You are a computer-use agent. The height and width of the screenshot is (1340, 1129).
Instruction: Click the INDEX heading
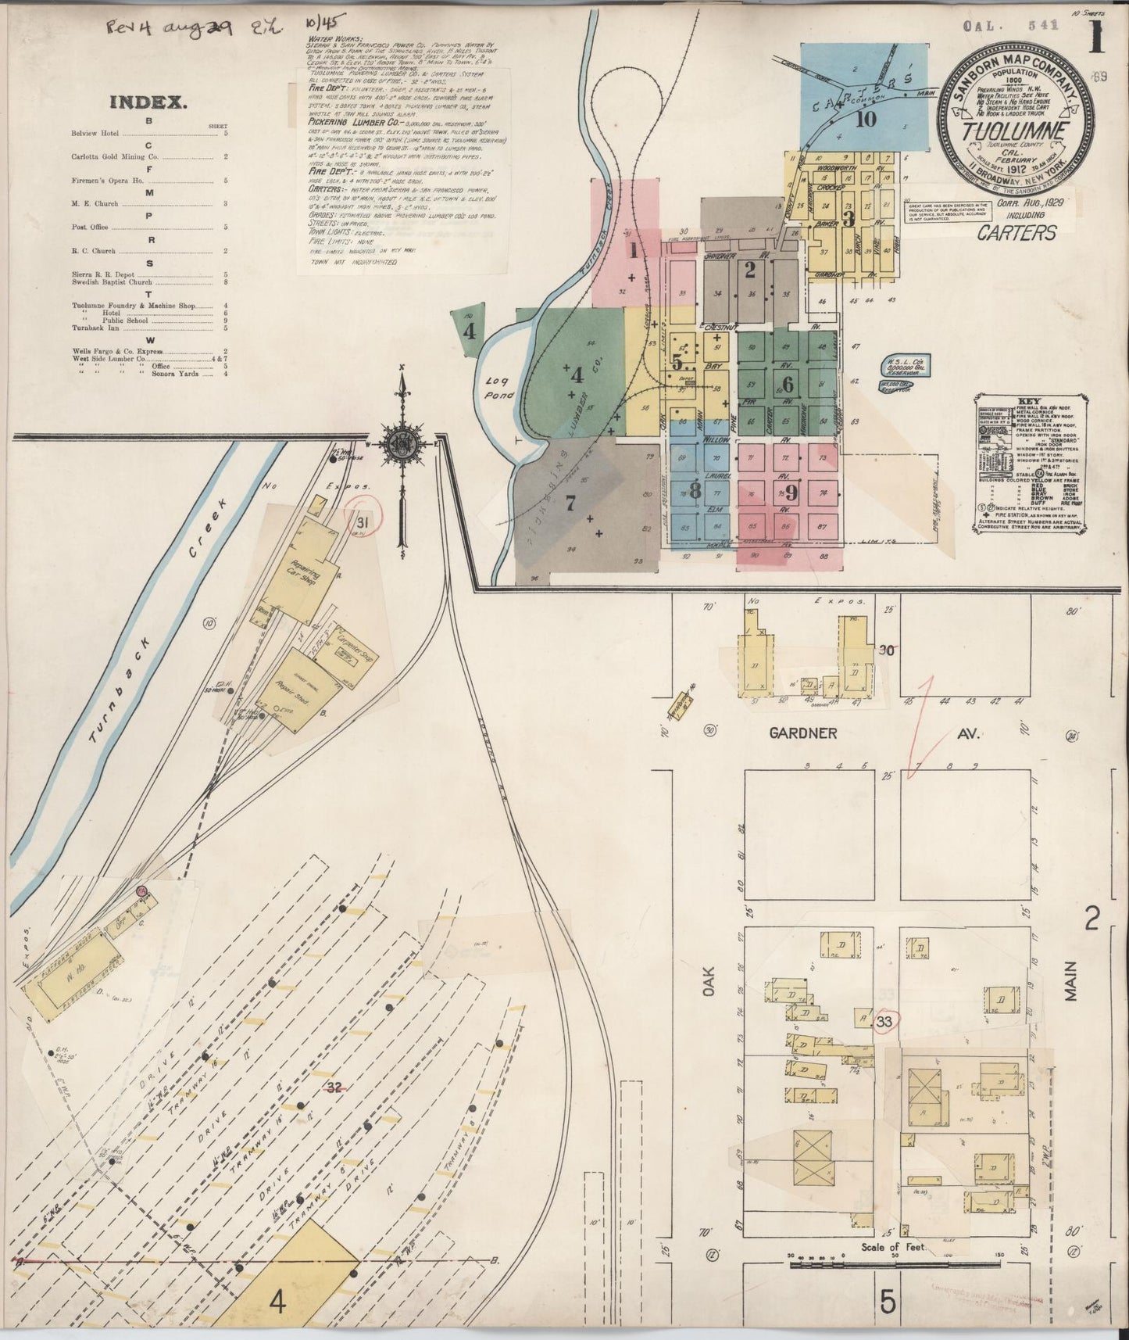(146, 102)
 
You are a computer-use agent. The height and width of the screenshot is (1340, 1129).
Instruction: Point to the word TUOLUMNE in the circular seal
(1014, 131)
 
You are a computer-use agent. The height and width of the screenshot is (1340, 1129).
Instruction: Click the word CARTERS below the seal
(1016, 232)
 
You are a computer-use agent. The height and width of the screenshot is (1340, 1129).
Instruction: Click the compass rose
(402, 442)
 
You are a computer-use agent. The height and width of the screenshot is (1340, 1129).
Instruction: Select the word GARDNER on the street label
(803, 733)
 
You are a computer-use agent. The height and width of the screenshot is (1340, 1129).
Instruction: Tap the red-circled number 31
(363, 522)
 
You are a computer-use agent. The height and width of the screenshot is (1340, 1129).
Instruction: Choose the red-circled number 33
(885, 1021)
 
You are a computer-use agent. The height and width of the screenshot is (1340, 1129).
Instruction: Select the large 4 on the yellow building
(277, 1302)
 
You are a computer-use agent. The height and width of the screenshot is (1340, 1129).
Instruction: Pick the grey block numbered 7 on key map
(570, 503)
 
